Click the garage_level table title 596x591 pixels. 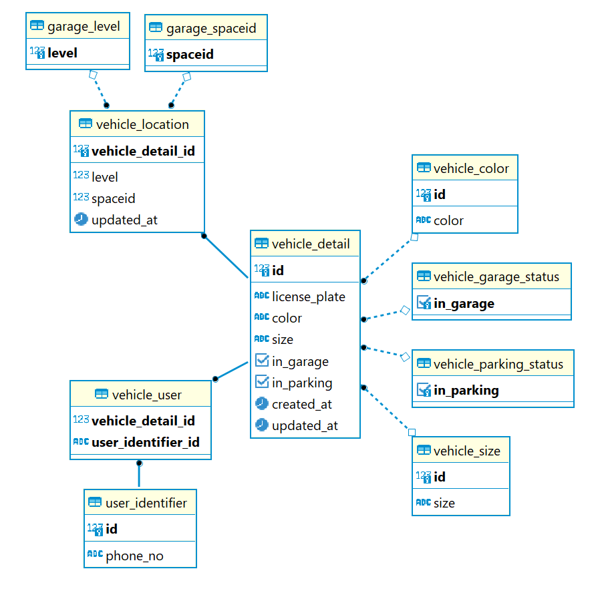(84, 26)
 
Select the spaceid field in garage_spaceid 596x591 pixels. (190, 54)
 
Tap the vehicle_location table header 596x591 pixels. (142, 125)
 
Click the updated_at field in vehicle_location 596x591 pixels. (124, 220)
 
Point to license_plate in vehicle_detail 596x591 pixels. (308, 297)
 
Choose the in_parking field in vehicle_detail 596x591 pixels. (302, 383)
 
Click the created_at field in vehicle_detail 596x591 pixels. (302, 404)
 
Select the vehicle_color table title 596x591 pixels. (471, 168)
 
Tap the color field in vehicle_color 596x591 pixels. (448, 220)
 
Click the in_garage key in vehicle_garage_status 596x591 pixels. (464, 303)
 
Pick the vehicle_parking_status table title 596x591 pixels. (498, 364)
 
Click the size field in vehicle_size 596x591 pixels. (444, 504)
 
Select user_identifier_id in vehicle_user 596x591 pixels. (145, 442)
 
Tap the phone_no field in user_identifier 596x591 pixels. (134, 556)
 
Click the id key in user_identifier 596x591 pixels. (112, 529)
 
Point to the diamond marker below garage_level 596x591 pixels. (93, 74)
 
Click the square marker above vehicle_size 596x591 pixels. (412, 432)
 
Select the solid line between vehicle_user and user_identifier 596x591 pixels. (139, 475)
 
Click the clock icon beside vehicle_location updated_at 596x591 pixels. (81, 219)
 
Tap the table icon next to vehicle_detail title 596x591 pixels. (261, 243)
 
